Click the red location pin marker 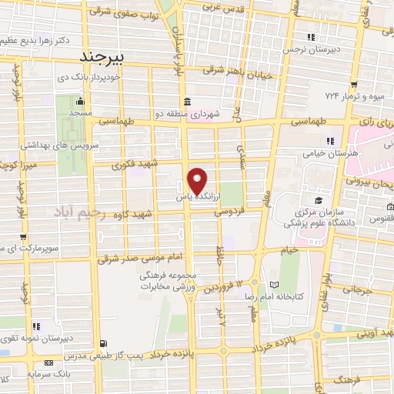coord(198,180)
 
